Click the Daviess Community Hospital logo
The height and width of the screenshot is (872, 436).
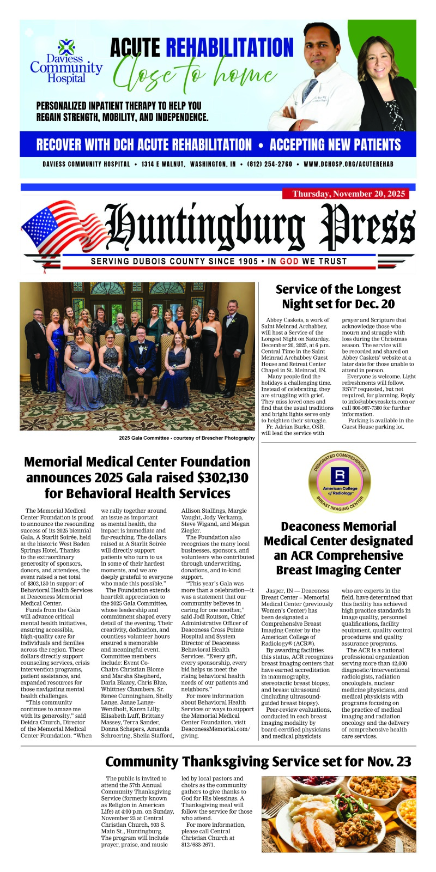tap(65, 61)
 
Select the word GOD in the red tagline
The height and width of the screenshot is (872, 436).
tap(289, 261)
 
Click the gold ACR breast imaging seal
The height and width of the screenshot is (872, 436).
tap(338, 480)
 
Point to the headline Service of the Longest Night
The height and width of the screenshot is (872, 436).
tap(338, 296)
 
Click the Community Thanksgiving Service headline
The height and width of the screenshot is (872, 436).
tap(258, 761)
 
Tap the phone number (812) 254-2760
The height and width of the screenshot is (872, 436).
tap(269, 164)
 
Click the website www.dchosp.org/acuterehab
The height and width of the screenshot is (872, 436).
tap(348, 164)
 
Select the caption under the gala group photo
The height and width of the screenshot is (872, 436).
tap(186, 438)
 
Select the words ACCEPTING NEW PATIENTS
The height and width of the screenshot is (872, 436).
tap(335, 145)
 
